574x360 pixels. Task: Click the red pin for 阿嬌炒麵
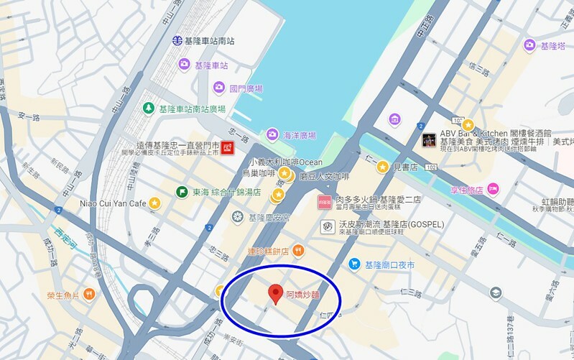[274, 293]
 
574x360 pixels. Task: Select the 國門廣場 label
[246, 88]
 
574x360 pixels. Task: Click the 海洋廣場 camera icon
[272, 134]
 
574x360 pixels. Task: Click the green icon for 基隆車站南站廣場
[148, 109]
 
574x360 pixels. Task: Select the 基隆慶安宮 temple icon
[237, 216]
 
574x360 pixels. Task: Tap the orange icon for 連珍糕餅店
[299, 250]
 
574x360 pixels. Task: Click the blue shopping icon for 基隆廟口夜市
[354, 265]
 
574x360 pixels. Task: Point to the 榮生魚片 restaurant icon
[89, 293]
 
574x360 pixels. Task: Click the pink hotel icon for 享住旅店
[493, 189]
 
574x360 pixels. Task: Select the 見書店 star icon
[382, 167]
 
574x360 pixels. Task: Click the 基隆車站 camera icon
[184, 65]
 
